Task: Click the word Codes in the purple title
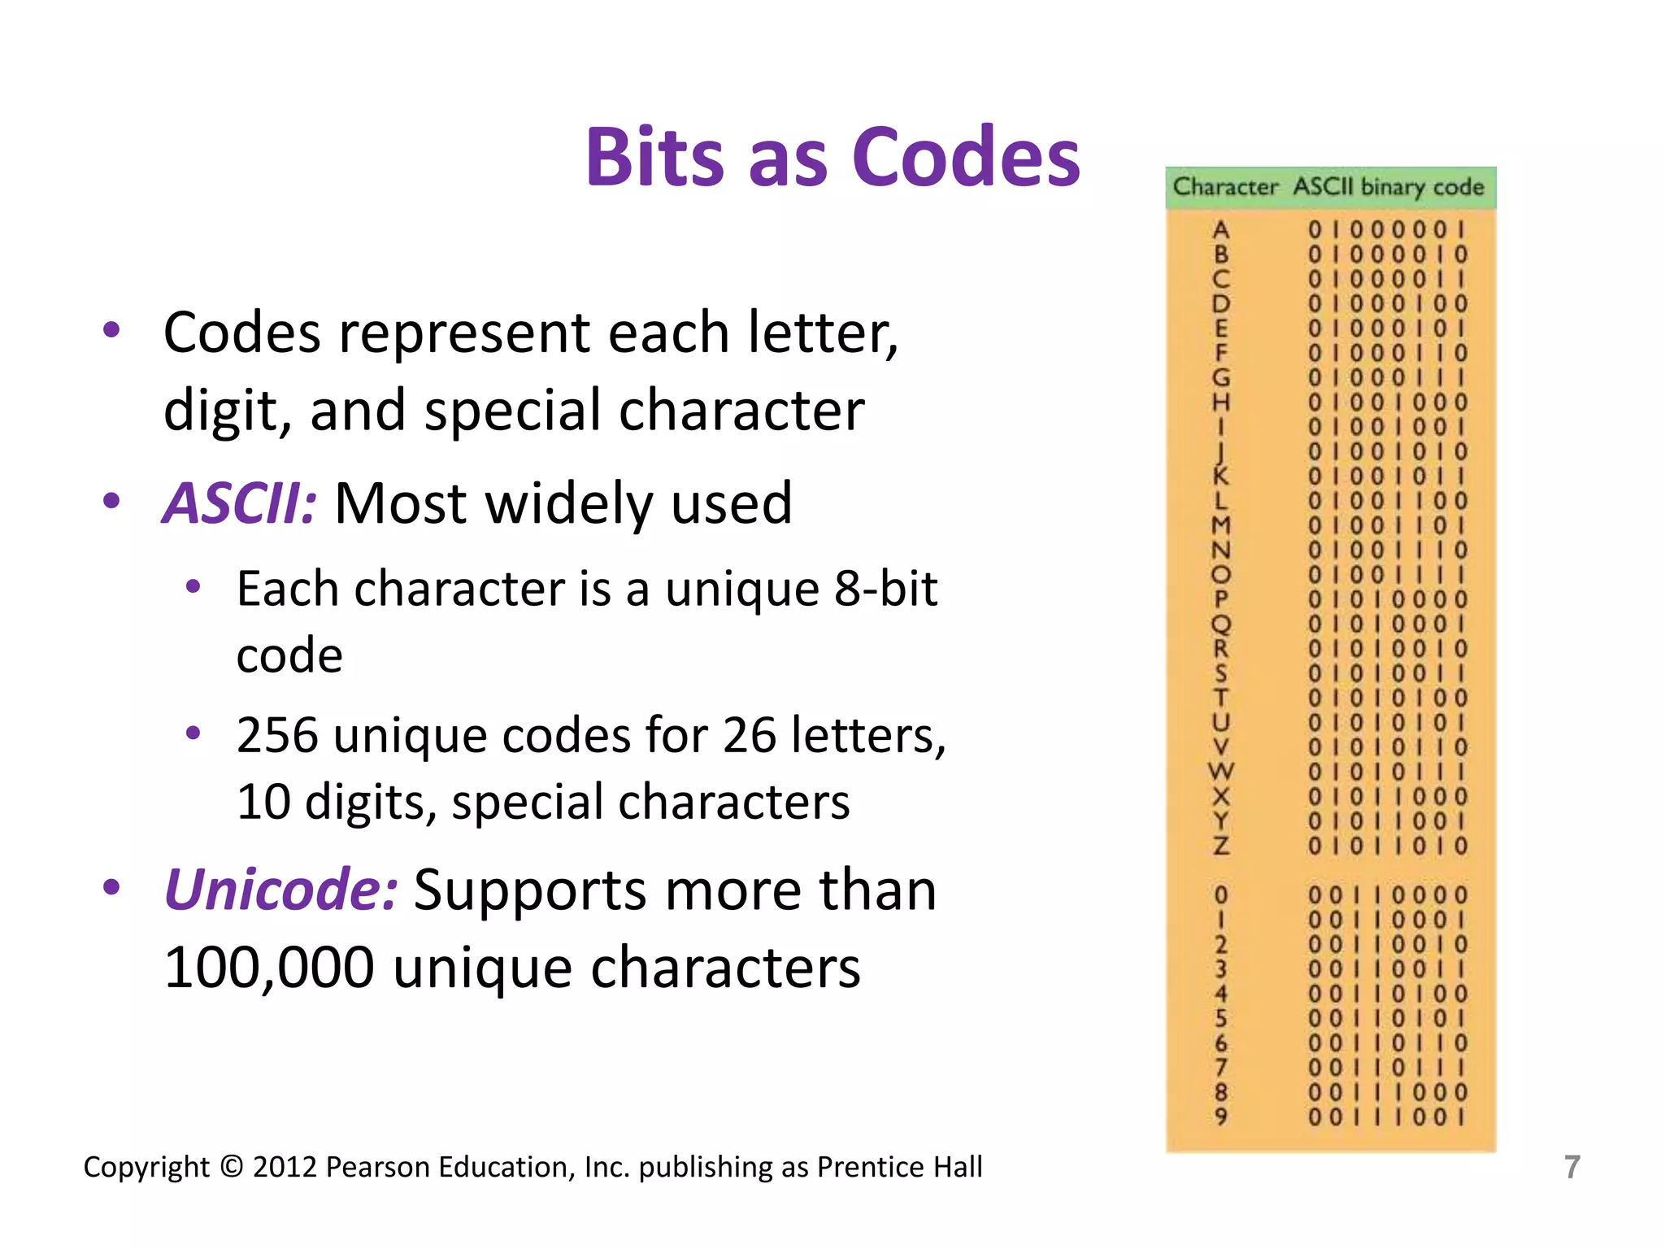[x=967, y=157]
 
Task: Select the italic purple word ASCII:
[x=240, y=503]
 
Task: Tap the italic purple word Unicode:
[x=281, y=890]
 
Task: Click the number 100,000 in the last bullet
[x=269, y=968]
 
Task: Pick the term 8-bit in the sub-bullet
[x=885, y=589]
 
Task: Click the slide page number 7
[x=1572, y=1167]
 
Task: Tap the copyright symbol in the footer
[x=232, y=1167]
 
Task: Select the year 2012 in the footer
[x=285, y=1167]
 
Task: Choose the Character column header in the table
[x=1225, y=187]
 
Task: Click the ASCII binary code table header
[x=1389, y=187]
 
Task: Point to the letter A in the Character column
[x=1220, y=230]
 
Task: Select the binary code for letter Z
[x=1388, y=846]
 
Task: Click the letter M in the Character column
[x=1220, y=525]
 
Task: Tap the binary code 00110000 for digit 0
[x=1388, y=895]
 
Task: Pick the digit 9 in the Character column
[x=1220, y=1116]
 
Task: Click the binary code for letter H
[x=1388, y=403]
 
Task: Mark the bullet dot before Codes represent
[x=111, y=330]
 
